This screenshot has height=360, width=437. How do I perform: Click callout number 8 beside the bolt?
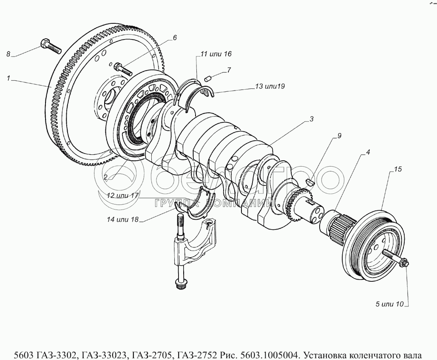[8, 54]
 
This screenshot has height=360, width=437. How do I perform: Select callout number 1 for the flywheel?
[8, 78]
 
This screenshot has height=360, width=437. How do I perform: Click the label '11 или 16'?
[216, 54]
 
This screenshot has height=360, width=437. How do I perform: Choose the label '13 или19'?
[270, 86]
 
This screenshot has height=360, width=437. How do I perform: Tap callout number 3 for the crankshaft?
[311, 119]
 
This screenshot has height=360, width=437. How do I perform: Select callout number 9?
[339, 136]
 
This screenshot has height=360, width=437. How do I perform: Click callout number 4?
[368, 152]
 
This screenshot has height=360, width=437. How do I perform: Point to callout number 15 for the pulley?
[397, 169]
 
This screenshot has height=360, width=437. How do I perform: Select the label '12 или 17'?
[123, 196]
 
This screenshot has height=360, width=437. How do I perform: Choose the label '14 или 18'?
[123, 220]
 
